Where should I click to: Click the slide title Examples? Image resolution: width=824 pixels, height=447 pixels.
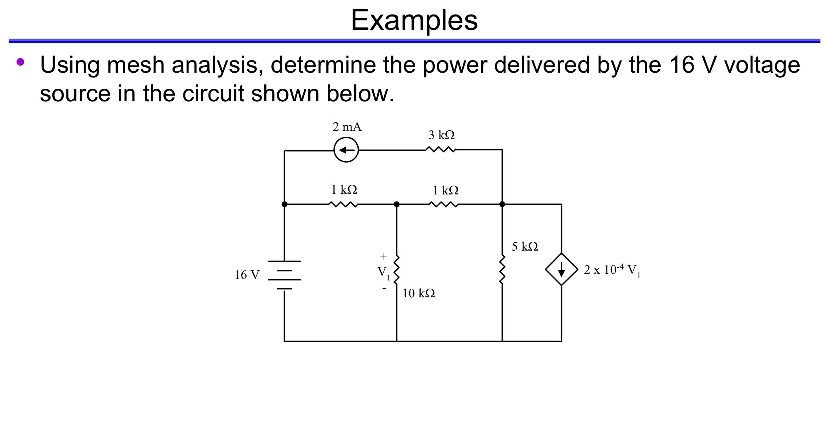[x=414, y=20]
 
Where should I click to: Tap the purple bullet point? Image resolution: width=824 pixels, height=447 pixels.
[x=20, y=62]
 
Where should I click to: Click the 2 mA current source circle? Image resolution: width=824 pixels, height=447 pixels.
[x=346, y=150]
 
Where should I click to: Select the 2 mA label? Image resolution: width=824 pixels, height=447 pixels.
[x=347, y=127]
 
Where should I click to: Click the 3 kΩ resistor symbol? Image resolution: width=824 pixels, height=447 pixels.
[x=441, y=150]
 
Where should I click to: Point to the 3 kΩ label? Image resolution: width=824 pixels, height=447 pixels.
[x=441, y=135]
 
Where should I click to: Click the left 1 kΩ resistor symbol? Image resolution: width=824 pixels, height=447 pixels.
[x=343, y=204]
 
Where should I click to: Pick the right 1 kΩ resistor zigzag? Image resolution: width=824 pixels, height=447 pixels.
[x=443, y=204]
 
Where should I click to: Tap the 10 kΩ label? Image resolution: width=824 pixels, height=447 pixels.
[x=419, y=293]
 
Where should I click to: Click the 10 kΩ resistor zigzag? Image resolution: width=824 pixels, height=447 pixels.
[x=397, y=269]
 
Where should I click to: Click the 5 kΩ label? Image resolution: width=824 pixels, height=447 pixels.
[x=525, y=247]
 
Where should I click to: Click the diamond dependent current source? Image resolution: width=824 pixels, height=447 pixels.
[x=561, y=269]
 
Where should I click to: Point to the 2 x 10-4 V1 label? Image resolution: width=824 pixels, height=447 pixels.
[x=612, y=270]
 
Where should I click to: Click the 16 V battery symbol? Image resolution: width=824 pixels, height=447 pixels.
[x=284, y=275]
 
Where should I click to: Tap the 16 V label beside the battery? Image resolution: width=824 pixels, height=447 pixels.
[x=247, y=275]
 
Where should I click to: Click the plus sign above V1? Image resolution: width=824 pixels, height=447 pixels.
[x=384, y=256]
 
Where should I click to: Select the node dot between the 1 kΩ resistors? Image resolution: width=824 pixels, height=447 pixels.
[x=397, y=204]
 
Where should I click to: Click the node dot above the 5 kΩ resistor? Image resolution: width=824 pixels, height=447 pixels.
[x=502, y=204]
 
